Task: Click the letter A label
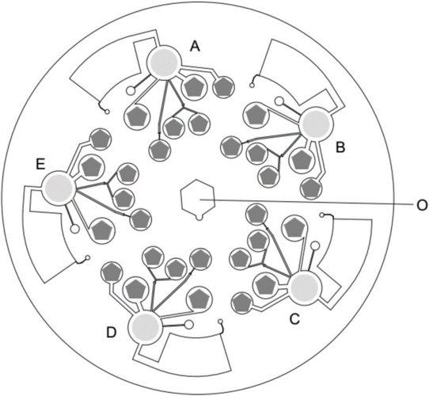click(195, 46)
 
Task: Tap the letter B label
click(340, 147)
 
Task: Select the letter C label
click(294, 318)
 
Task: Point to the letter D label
click(112, 333)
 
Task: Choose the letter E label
click(40, 165)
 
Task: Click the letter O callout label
click(422, 205)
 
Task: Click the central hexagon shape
click(198, 197)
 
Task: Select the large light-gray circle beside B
click(317, 124)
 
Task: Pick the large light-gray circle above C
click(305, 287)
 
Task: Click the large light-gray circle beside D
click(146, 327)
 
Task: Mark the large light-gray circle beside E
click(59, 188)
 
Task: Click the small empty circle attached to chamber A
click(131, 90)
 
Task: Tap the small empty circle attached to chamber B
click(279, 101)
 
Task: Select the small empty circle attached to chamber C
click(315, 246)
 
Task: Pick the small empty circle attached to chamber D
click(189, 325)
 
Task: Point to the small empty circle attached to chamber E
click(74, 229)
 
